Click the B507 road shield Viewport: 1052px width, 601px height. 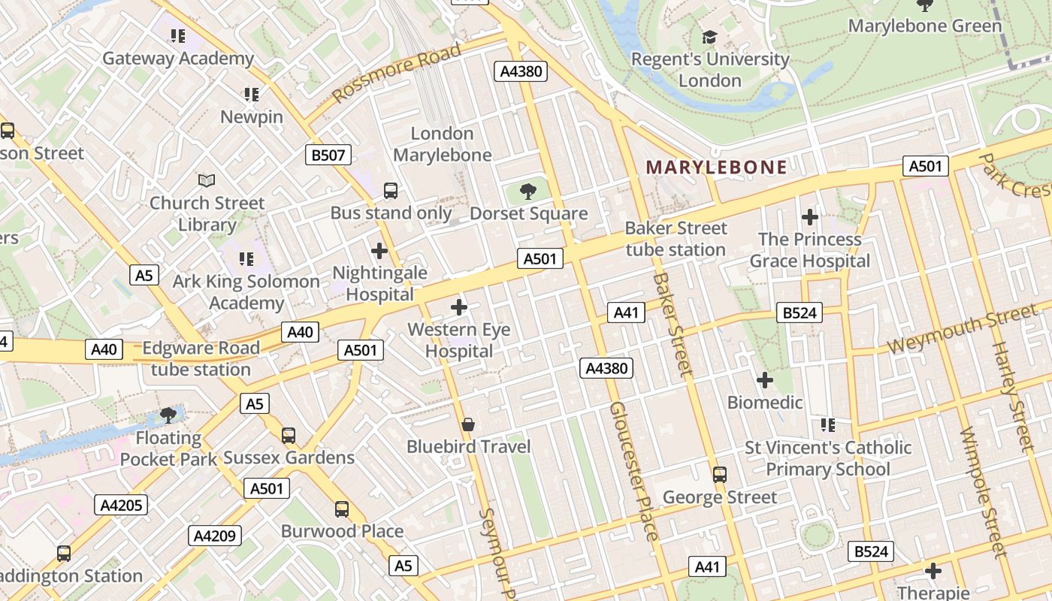(x=328, y=156)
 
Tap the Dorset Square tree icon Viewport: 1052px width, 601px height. (x=528, y=191)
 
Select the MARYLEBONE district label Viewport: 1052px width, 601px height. (x=716, y=168)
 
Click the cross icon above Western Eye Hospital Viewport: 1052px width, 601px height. (x=459, y=307)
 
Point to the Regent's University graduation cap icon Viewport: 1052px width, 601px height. (x=709, y=37)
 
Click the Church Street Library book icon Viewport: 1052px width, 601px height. (x=207, y=180)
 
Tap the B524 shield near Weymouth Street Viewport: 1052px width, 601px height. (x=799, y=313)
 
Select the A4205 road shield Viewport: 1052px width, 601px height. (x=121, y=505)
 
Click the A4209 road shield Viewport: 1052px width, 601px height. (x=215, y=536)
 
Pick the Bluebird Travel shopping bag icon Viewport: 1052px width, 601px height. (x=468, y=424)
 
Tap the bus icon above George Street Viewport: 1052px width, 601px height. (x=720, y=474)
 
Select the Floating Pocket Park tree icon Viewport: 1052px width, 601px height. (x=168, y=415)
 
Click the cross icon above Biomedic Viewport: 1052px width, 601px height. (x=765, y=380)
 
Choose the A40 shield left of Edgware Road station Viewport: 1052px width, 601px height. (x=104, y=349)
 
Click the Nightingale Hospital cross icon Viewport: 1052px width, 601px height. (x=379, y=250)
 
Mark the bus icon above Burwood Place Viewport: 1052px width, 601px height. (x=342, y=509)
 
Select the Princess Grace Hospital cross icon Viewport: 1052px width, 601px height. (x=809, y=217)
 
